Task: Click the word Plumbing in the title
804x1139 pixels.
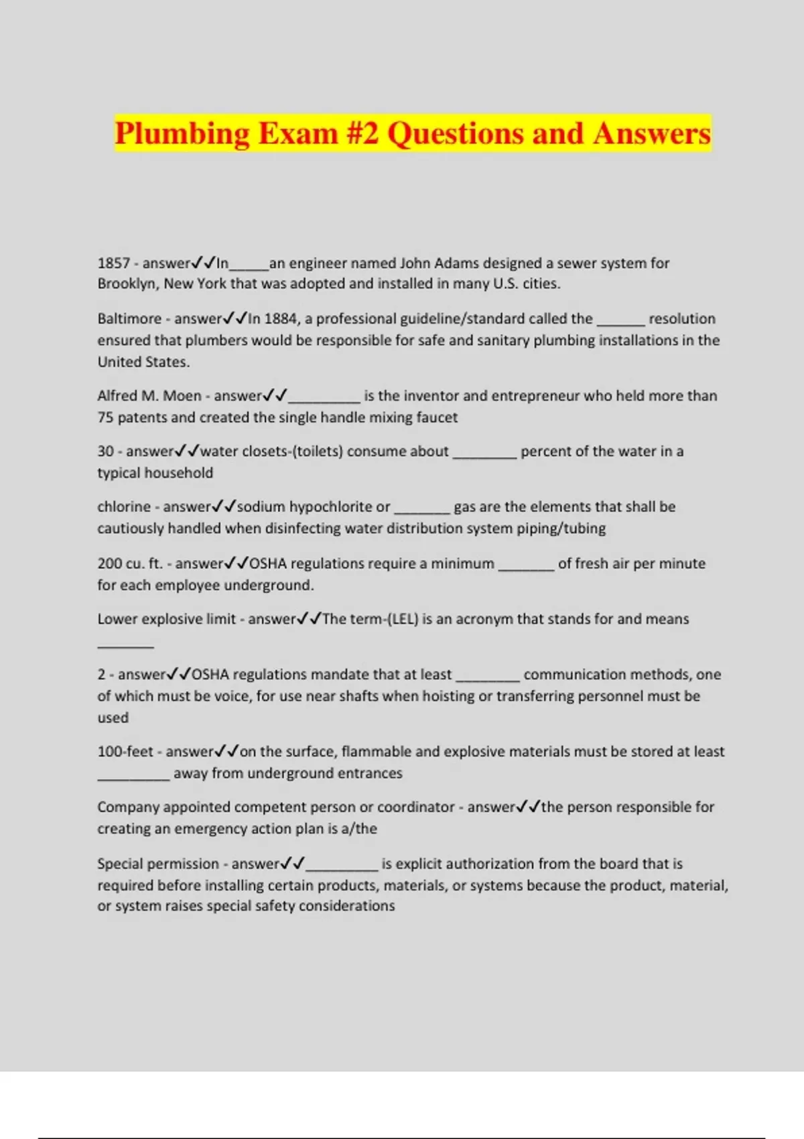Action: click(x=182, y=133)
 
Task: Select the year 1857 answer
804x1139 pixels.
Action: click(x=113, y=263)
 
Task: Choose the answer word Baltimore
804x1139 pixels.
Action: click(x=129, y=319)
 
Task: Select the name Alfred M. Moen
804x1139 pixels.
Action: click(x=149, y=396)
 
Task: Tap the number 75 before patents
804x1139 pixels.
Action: click(x=105, y=417)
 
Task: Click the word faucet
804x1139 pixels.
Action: click(x=437, y=417)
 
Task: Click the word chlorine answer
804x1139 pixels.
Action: click(x=124, y=507)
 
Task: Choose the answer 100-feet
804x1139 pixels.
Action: click(x=125, y=752)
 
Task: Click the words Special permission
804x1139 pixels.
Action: click(x=158, y=864)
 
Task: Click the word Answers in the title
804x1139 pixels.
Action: click(x=651, y=133)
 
